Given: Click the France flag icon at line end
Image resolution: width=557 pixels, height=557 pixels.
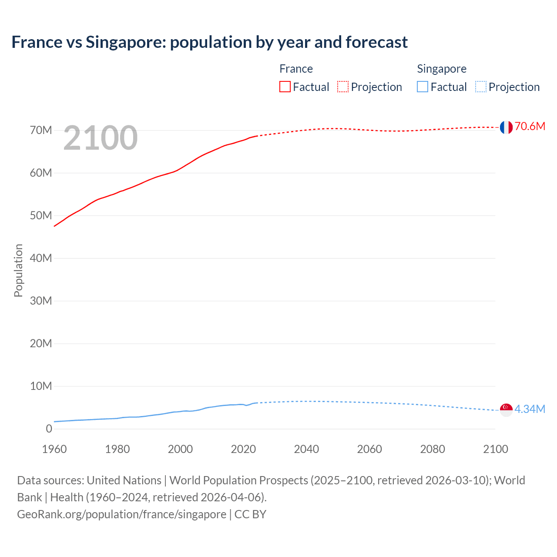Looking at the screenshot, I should [x=506, y=127].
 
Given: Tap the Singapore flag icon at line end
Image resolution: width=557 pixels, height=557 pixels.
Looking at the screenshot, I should [x=506, y=409].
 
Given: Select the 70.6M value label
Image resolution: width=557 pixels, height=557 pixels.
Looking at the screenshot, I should [x=530, y=126].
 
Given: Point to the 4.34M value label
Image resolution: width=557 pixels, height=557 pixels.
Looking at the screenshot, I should [x=530, y=409].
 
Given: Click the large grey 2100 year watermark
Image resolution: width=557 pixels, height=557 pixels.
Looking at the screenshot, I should [x=101, y=138].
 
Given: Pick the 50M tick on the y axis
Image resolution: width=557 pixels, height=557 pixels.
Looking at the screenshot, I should [x=41, y=215].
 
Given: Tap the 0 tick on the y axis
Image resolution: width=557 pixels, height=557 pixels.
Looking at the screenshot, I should [x=49, y=429].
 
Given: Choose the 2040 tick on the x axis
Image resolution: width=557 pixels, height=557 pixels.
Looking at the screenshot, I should [x=306, y=449].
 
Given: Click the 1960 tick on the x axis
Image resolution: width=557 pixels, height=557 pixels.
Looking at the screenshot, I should [x=54, y=449].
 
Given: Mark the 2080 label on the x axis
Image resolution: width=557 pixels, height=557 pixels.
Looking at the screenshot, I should [x=433, y=449].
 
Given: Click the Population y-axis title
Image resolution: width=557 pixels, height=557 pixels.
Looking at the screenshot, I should [x=18, y=270].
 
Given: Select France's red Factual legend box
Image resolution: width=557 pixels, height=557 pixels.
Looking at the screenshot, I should [x=285, y=87].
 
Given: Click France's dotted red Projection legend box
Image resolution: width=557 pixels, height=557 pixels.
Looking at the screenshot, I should [x=343, y=87].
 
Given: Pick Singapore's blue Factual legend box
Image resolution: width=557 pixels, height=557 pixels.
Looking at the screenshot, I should [x=423, y=87].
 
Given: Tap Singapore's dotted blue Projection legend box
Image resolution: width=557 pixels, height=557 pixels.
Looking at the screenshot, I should [x=480, y=87].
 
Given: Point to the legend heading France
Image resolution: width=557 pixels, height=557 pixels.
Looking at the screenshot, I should [x=296, y=69].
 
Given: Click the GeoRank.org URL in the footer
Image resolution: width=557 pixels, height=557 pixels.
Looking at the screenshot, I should [x=121, y=514].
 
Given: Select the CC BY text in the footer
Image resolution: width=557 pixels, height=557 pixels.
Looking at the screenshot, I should [x=250, y=514].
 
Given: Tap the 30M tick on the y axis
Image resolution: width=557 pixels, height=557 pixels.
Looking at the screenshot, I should [x=41, y=301].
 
